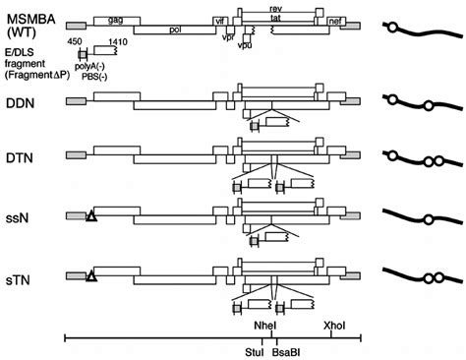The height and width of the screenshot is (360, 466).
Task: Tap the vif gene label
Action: pyautogui.click(x=219, y=19)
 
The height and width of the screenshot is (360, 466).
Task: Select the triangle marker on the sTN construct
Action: pyautogui.click(x=91, y=277)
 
